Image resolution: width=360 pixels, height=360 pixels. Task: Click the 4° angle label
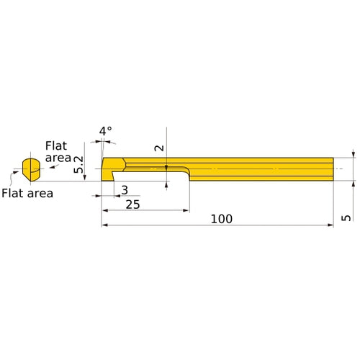(x=106, y=131)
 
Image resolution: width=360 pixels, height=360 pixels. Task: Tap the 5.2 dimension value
(x=78, y=164)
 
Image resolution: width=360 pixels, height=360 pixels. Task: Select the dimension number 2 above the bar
(x=159, y=148)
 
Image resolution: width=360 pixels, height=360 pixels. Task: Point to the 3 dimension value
(x=125, y=190)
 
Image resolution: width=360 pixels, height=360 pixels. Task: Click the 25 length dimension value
(x=132, y=204)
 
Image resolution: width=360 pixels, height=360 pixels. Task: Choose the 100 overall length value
(x=222, y=219)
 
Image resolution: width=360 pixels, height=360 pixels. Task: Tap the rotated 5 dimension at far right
(x=346, y=217)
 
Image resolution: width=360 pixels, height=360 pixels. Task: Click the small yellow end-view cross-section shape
(x=31, y=169)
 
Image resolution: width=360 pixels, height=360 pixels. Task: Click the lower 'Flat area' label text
(x=27, y=193)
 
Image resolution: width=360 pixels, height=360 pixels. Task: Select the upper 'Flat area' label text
(x=58, y=152)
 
